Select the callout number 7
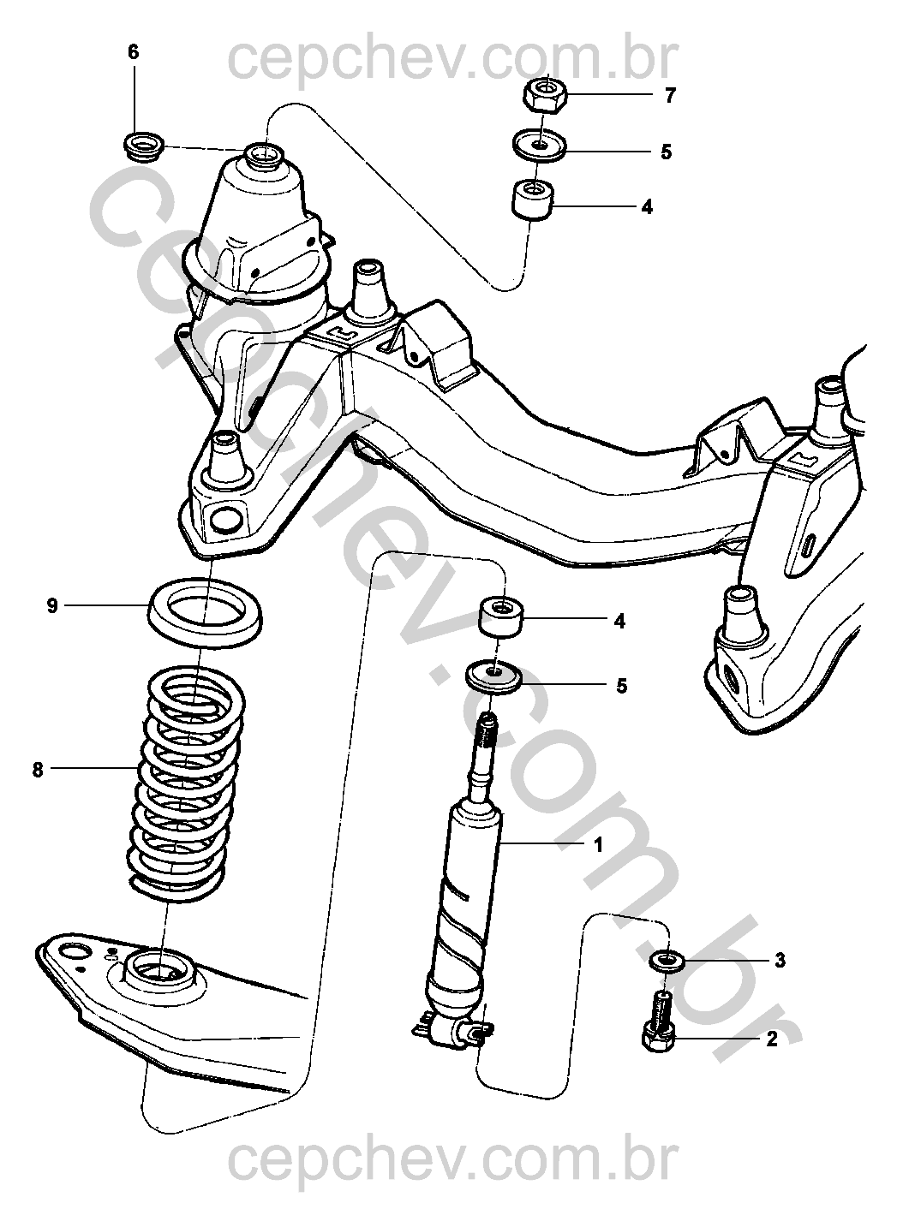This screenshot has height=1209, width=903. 670,95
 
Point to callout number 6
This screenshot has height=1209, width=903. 133,53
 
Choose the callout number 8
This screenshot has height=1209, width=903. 37,770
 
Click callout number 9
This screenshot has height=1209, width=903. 52,606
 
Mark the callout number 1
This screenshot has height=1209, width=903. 599,845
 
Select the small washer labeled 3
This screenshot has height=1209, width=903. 666,958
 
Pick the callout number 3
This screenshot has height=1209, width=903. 780,961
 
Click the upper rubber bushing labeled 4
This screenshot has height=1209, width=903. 533,200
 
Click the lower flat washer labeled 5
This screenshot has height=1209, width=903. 494,676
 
